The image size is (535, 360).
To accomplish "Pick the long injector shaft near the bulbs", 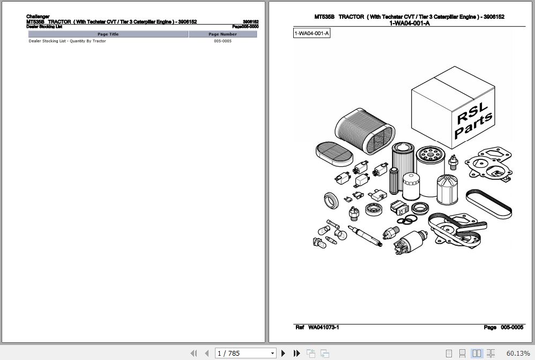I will [363, 235].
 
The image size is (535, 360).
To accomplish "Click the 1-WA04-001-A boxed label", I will [311, 34].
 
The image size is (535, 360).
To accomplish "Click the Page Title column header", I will [108, 34].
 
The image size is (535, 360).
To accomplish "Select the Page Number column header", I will [222, 34].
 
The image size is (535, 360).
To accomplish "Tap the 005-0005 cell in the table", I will [222, 41].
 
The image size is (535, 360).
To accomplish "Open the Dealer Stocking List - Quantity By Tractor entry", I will [67, 41].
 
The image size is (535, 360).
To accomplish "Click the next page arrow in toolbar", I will [284, 353].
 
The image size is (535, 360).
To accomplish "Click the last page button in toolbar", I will [296, 353].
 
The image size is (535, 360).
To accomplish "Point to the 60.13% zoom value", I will [518, 353].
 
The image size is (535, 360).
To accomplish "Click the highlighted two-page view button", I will [476, 353].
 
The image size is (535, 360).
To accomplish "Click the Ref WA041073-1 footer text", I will [317, 327].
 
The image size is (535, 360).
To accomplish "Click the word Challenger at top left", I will [38, 17].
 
